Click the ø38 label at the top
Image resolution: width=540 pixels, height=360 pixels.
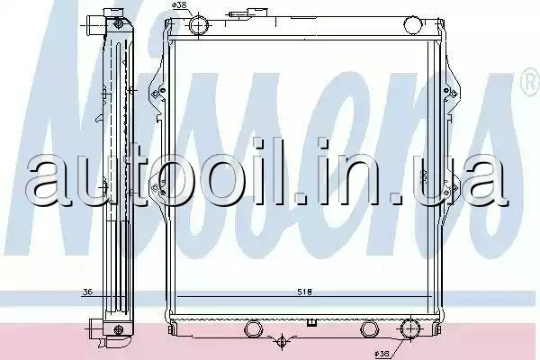pos(179,5)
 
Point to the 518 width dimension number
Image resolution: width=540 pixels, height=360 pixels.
pos(304,292)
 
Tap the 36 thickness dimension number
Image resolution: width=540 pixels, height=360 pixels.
pos(88,292)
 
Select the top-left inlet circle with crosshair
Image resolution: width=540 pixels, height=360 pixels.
pos(199,24)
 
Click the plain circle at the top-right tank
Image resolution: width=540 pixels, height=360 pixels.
pos(412,24)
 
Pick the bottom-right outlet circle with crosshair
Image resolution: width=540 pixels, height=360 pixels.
pos(411,328)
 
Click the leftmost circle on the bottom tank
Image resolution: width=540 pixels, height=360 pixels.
pos(253,328)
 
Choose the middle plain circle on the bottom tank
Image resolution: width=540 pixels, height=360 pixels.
pos(369,328)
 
